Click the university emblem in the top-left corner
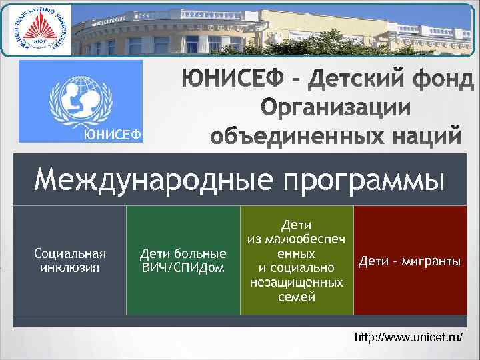click(x=38, y=30)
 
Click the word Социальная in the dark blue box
click(x=70, y=254)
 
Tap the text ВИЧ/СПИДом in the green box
click(x=183, y=267)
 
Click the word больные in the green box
click(x=201, y=254)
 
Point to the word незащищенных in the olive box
click(x=297, y=282)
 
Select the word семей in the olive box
click(x=297, y=296)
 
